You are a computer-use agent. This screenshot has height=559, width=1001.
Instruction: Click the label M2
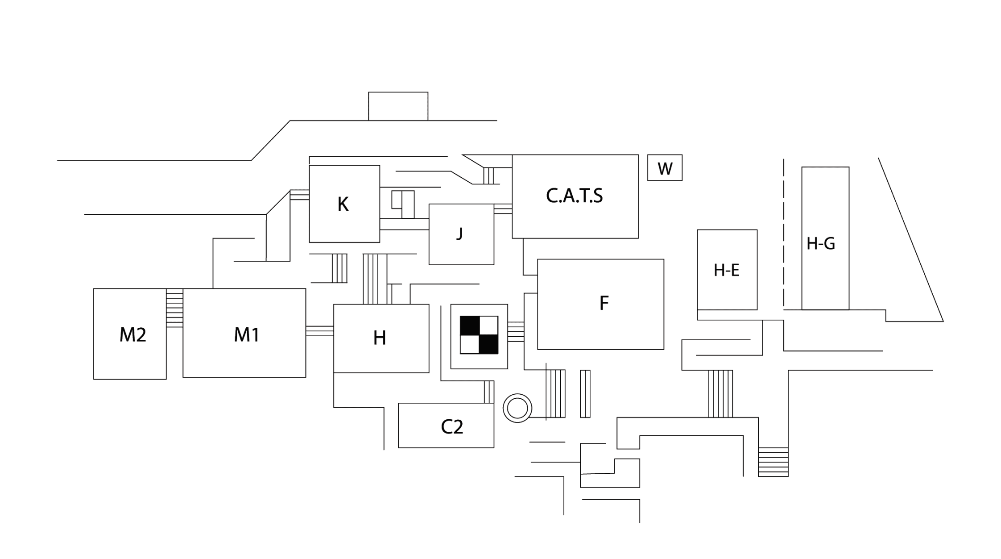132,335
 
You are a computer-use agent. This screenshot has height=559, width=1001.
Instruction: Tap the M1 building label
247,335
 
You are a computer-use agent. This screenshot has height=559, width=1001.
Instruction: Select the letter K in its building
343,204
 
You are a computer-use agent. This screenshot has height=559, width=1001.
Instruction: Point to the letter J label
459,233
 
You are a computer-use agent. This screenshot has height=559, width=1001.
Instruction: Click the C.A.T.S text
575,196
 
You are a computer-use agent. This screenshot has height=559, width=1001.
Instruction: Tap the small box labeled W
665,168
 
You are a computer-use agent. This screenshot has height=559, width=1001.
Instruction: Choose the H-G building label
821,243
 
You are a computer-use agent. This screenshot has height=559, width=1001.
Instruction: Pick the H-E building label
727,270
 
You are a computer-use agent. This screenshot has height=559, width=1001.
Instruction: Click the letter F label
604,304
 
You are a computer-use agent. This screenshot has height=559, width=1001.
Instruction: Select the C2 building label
452,427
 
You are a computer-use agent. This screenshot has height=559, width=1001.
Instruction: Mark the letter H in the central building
380,338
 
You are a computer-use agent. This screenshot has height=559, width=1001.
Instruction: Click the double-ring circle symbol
517,408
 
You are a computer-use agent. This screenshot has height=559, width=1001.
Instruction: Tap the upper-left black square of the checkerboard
470,325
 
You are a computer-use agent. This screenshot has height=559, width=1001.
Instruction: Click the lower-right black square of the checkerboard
488,344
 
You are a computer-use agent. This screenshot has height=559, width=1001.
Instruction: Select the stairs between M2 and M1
174,308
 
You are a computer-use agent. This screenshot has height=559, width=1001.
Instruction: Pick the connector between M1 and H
319,331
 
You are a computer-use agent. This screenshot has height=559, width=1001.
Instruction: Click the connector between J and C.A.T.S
503,209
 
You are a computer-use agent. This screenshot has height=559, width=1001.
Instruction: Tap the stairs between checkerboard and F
516,332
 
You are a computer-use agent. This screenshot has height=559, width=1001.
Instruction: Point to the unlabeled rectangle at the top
398,106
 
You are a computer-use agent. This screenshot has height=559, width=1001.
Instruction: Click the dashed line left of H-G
784,232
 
